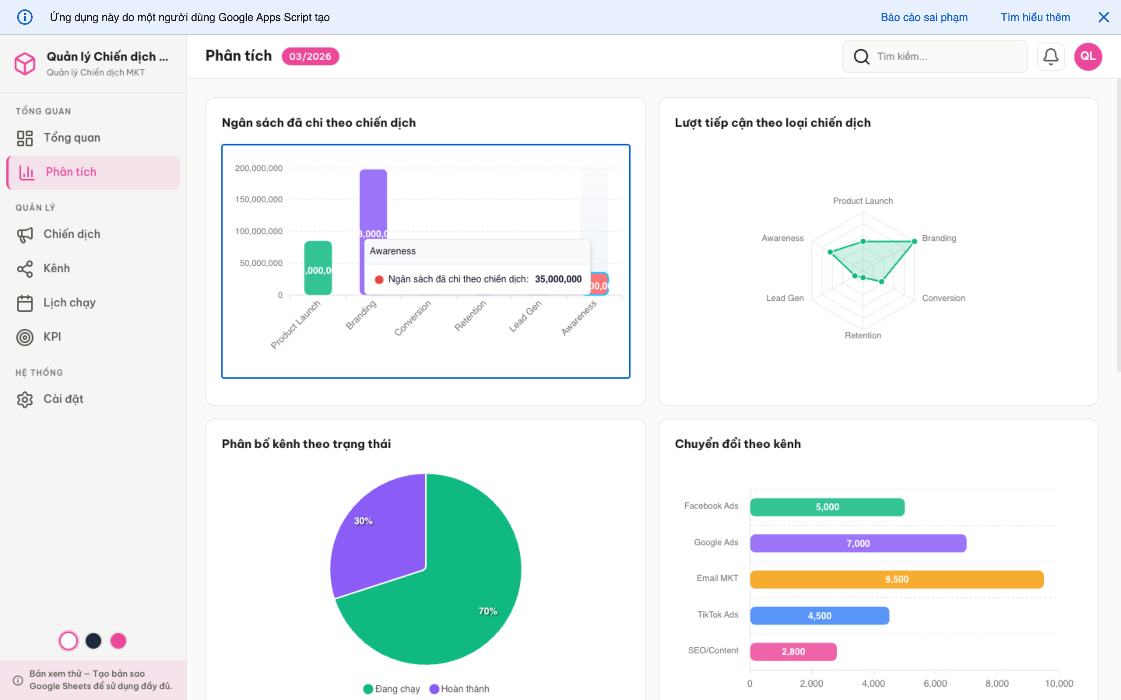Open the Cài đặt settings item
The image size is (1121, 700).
tap(63, 399)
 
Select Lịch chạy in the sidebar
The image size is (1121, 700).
tap(69, 303)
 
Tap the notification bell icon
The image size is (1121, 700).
tap(1050, 56)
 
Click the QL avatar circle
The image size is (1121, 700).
tap(1088, 56)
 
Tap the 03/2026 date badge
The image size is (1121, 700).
tap(310, 56)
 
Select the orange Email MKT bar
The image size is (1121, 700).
tap(896, 579)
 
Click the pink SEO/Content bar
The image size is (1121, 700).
tap(793, 652)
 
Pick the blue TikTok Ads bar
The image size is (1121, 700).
tap(819, 616)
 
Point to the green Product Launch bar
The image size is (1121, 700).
tap(318, 268)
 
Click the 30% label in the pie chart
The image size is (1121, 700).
tap(363, 521)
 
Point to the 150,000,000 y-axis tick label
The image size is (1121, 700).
tap(258, 199)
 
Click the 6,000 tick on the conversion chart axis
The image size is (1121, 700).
tap(935, 683)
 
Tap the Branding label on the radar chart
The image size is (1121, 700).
tap(938, 238)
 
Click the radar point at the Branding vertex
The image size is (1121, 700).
tap(914, 241)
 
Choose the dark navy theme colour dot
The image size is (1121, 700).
tap(93, 641)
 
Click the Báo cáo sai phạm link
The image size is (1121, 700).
tap(924, 17)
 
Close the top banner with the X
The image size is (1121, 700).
tap(1103, 17)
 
